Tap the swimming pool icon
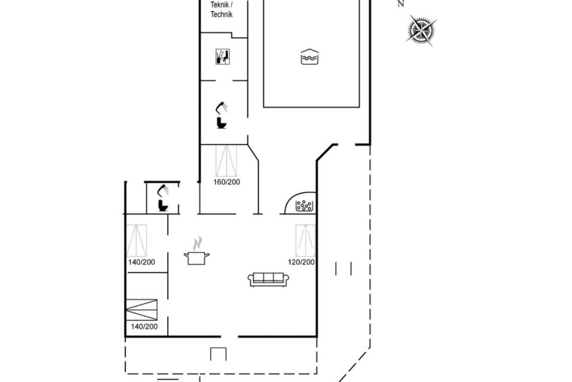coord(309,57)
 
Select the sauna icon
coord(222,57)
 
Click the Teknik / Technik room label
coord(221,10)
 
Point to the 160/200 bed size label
coord(227,182)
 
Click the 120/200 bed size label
coord(301,262)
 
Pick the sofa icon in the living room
coord(269,279)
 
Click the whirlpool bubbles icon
coord(304,206)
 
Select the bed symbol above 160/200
coord(226,161)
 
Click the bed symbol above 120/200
coord(306,240)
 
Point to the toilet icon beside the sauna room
coord(221,123)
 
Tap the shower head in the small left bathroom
coord(163,190)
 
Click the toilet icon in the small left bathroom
coord(163,205)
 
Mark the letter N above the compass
coord(400,4)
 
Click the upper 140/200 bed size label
coord(141,262)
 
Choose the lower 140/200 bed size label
coord(144,326)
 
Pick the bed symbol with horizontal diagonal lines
coord(141,310)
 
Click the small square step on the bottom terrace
coord(218,354)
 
